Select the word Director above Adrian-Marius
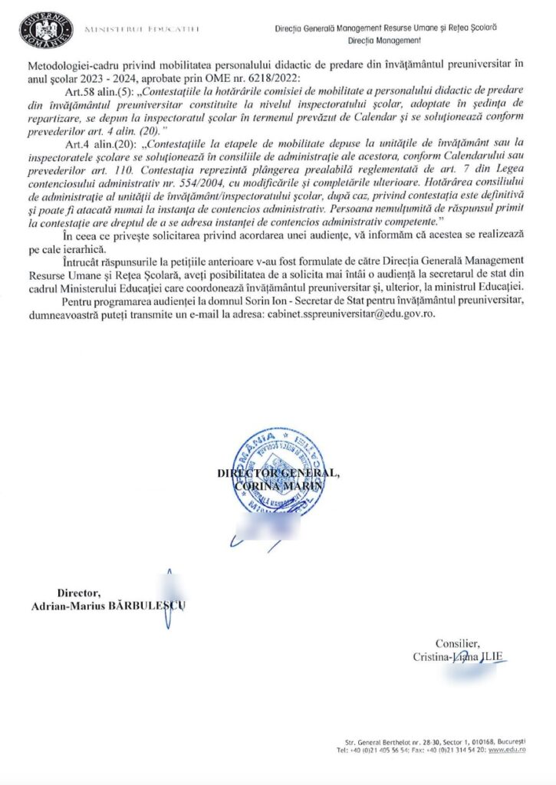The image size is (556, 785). [x=78, y=593]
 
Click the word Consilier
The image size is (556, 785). [x=458, y=644]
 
